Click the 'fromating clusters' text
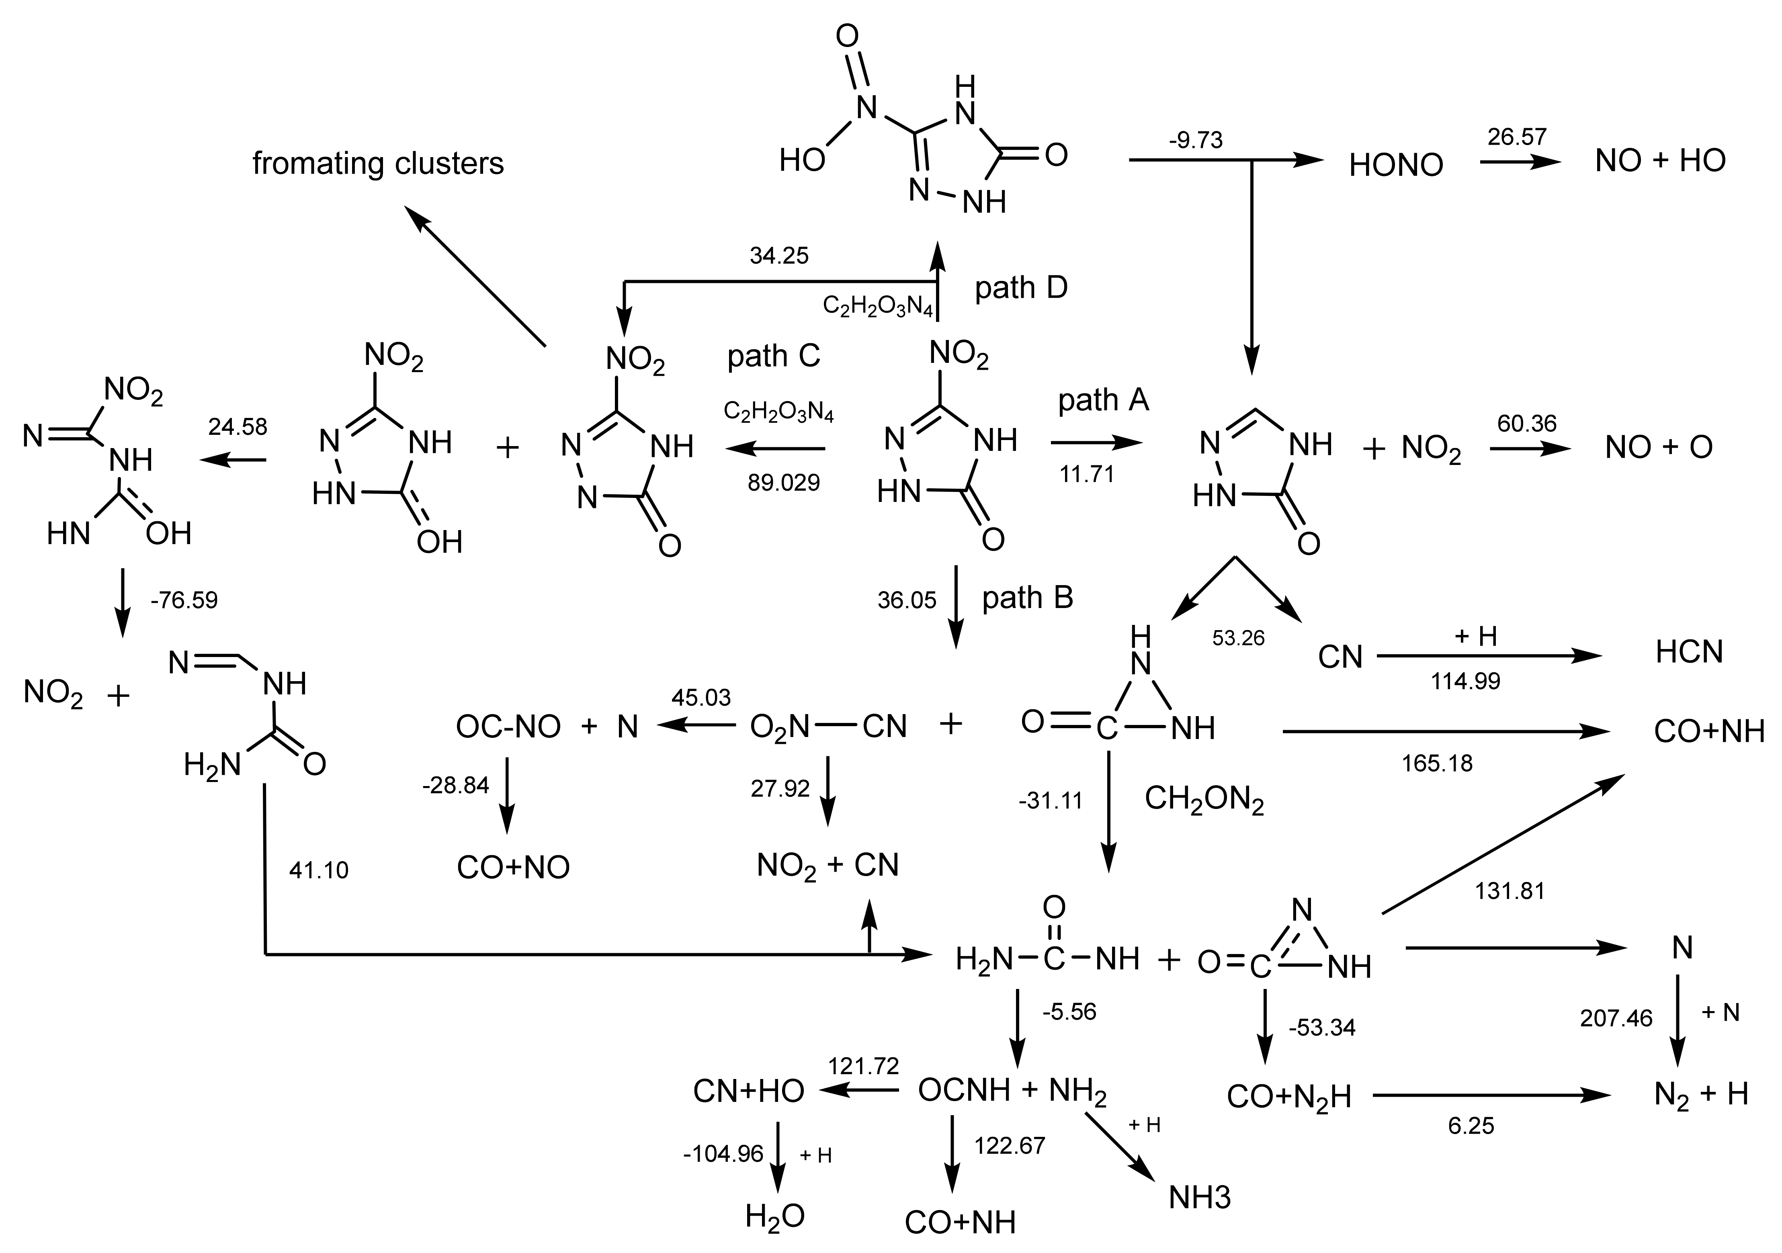(x=378, y=164)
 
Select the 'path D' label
(x=1021, y=288)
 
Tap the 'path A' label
(x=1103, y=400)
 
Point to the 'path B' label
(x=1028, y=598)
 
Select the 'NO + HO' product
(x=1660, y=161)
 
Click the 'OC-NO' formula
(x=508, y=727)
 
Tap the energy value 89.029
(x=783, y=483)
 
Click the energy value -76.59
(x=184, y=600)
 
